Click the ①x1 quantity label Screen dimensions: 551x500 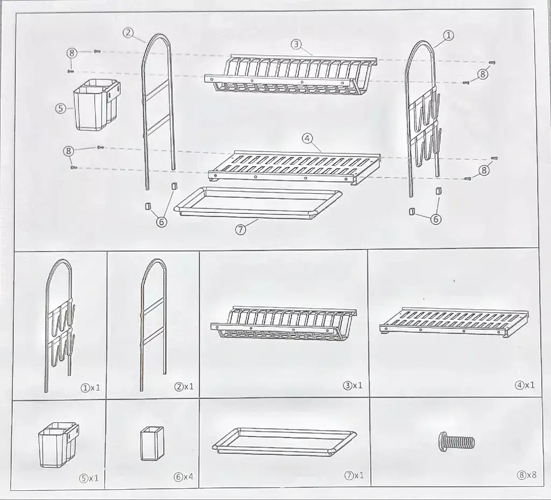(90, 388)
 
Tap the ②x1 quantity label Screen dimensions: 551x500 (184, 387)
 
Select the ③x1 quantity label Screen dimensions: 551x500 (352, 385)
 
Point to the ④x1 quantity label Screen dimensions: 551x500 (525, 385)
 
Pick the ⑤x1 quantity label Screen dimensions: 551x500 (89, 478)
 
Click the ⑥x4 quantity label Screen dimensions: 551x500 (183, 477)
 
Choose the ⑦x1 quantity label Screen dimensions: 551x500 (354, 475)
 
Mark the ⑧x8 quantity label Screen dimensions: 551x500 (527, 475)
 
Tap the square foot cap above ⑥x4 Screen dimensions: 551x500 (152, 444)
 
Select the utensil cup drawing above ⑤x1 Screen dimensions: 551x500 (58, 445)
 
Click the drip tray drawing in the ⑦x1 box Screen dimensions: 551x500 (284, 442)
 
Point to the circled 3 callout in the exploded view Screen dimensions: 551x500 (296, 44)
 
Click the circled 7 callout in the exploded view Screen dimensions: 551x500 (241, 230)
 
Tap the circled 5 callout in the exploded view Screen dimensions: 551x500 (61, 108)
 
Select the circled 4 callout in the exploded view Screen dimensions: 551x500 (307, 138)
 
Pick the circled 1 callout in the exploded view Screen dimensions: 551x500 (448, 35)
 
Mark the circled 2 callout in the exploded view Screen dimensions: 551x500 (128, 33)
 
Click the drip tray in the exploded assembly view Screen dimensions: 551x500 (258, 203)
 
